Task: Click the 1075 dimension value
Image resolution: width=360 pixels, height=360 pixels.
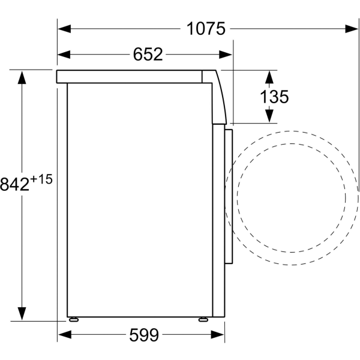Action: click(206, 29)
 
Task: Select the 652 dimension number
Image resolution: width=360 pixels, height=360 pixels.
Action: click(148, 55)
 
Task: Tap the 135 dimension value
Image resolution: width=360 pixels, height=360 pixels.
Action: click(274, 97)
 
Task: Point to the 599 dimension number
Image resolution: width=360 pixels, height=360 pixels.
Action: click(144, 335)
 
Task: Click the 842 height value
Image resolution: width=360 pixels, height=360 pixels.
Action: click(14, 184)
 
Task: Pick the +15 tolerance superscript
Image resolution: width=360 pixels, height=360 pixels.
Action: click(41, 179)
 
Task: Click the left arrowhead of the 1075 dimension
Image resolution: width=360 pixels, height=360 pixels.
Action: click(64, 29)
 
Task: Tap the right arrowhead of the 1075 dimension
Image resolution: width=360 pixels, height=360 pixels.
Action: click(352, 29)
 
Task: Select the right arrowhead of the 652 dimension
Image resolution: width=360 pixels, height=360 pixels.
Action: click(225, 55)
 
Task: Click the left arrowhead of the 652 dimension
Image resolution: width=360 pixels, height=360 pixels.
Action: click(64, 55)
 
